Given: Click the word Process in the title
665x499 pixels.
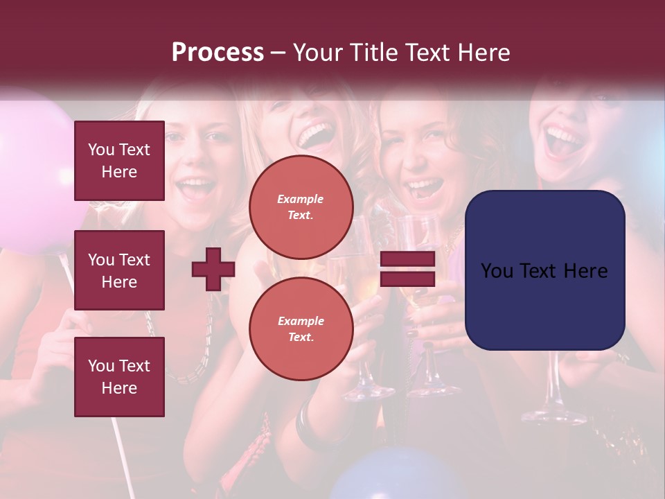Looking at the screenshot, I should click(218, 53).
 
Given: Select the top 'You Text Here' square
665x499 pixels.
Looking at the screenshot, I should click(119, 161).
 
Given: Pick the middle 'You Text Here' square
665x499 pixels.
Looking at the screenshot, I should click(119, 270).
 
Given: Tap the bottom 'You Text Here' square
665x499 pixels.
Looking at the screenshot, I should click(119, 376).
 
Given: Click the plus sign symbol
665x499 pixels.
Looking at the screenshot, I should click(213, 269).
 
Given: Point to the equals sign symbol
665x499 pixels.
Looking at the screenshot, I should click(407, 269).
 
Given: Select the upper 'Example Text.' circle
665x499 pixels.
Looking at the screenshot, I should click(301, 207).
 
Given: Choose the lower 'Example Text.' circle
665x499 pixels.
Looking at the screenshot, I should click(301, 329).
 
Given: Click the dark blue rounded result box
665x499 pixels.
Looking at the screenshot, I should click(544, 270).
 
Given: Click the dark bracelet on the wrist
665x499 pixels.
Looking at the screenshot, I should click(306, 424).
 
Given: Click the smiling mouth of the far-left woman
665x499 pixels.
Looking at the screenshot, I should click(196, 187).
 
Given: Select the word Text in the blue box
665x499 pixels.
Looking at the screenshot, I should click(544, 271).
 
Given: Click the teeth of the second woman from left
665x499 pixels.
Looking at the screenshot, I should click(317, 131).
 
